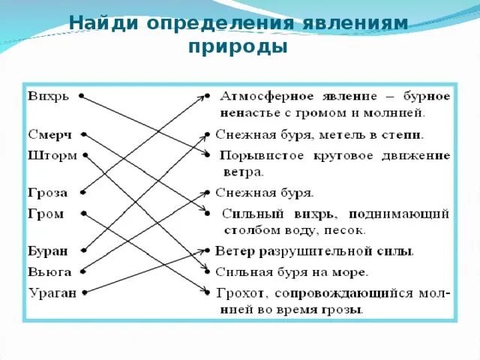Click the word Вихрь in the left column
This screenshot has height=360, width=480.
click(49, 97)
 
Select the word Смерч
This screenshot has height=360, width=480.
click(50, 136)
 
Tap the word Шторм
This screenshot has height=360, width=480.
click(52, 155)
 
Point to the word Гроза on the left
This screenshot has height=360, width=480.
click(48, 193)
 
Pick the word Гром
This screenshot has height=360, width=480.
click(46, 214)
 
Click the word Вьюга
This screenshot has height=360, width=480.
click(49, 271)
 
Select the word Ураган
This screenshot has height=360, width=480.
click(52, 292)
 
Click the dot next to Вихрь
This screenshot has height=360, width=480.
click(80, 97)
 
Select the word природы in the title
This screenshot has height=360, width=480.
click(238, 47)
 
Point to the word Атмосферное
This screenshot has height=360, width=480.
click(263, 97)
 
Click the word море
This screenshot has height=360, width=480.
click(350, 271)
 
